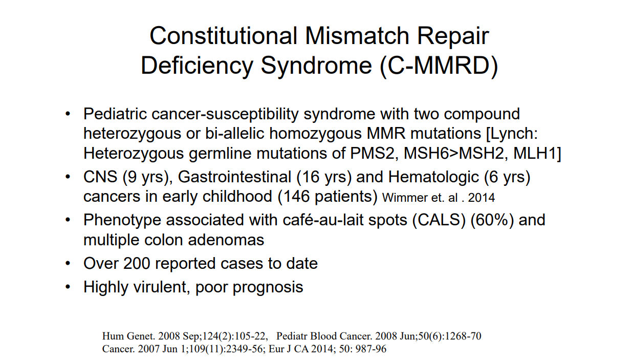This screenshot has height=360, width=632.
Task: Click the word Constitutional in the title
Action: (x=223, y=36)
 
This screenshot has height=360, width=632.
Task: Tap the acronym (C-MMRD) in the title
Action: (x=439, y=66)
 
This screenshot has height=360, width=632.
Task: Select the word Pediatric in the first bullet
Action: (x=115, y=114)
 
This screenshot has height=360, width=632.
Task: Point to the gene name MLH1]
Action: (x=537, y=153)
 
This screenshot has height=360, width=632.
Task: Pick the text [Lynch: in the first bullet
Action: (x=512, y=133)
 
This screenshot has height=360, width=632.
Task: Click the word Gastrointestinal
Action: (x=234, y=177)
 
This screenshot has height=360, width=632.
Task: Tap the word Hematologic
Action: (x=433, y=177)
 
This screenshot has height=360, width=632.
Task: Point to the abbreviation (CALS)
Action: (x=439, y=220)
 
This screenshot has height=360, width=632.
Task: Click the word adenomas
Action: (x=226, y=240)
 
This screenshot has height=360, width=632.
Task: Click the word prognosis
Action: (x=268, y=287)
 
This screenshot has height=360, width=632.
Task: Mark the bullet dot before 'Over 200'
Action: (x=68, y=263)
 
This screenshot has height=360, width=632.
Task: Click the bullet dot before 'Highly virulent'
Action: (x=68, y=287)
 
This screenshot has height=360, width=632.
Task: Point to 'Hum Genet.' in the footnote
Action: (x=128, y=336)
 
